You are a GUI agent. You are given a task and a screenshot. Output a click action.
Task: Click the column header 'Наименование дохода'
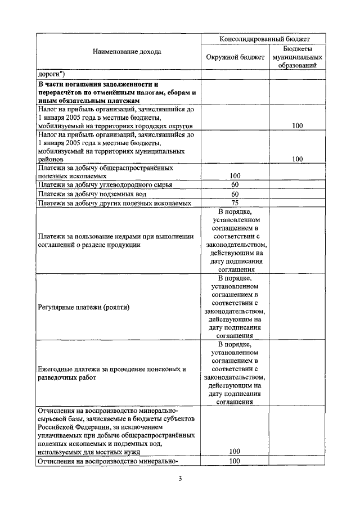[x=119, y=52]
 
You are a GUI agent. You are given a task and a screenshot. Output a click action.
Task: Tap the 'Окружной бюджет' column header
[x=235, y=57]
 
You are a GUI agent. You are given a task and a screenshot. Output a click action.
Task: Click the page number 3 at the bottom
[x=180, y=479]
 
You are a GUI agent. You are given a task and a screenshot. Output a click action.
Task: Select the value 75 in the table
[x=235, y=203]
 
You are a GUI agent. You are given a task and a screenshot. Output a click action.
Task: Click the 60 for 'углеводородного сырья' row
[x=235, y=184]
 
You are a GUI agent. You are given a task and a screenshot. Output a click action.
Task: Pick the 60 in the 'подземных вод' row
[x=235, y=194]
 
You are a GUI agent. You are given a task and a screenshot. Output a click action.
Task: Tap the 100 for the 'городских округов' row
[x=298, y=126]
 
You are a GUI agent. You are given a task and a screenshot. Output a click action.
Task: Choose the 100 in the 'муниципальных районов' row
[x=298, y=159]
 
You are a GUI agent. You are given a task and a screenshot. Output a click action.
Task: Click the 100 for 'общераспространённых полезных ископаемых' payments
[x=235, y=175]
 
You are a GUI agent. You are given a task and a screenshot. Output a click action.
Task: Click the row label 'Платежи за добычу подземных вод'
[x=91, y=194]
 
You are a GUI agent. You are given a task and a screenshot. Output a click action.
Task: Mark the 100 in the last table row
[x=235, y=461]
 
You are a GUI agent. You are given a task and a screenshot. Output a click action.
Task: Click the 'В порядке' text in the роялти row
[x=235, y=277]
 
